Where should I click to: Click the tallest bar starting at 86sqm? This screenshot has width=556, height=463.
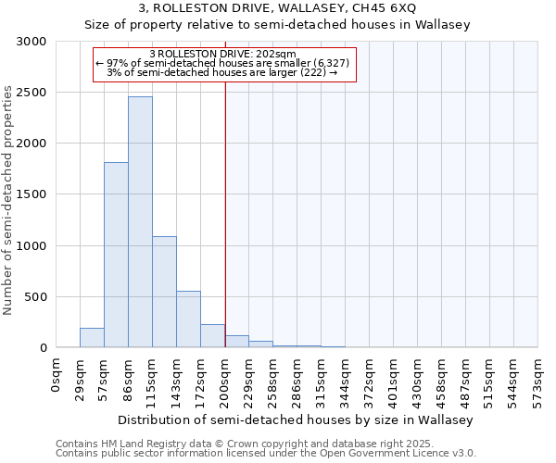pyautogui.click(x=140, y=222)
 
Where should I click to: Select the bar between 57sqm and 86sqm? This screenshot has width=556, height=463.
pyautogui.click(x=116, y=255)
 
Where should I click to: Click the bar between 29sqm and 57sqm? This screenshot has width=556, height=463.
pyautogui.click(x=92, y=338)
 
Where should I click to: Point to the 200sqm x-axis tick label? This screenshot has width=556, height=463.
pyautogui.click(x=225, y=380)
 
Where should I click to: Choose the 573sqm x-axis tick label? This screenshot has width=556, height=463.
pyautogui.click(x=538, y=380)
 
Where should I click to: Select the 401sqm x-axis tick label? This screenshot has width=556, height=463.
pyautogui.click(x=394, y=380)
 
